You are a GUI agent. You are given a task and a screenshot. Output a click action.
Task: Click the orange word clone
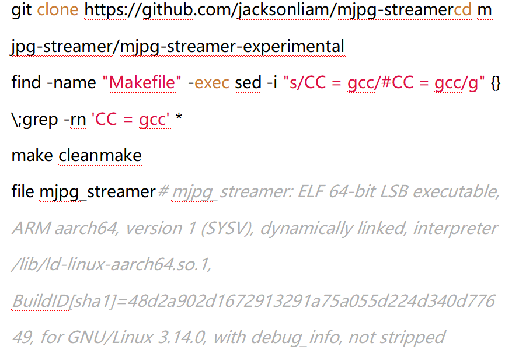click(57, 10)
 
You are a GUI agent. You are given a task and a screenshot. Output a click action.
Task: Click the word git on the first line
click(22, 11)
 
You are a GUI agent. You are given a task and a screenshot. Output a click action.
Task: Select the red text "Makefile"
click(142, 82)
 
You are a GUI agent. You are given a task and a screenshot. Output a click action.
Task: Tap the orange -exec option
click(208, 82)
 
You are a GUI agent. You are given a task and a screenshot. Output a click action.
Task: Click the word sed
click(248, 82)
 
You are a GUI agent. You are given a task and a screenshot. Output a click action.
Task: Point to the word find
click(26, 82)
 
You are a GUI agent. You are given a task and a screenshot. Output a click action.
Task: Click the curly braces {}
click(496, 83)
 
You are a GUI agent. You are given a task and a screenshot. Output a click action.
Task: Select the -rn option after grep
click(75, 120)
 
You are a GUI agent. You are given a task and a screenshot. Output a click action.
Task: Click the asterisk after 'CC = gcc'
click(179, 117)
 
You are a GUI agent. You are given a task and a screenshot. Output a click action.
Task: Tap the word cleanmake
click(100, 155)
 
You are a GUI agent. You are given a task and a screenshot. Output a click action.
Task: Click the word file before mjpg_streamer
click(23, 191)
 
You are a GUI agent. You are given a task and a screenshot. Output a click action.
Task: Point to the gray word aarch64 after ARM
click(86, 228)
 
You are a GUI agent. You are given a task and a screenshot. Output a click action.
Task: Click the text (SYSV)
click(228, 229)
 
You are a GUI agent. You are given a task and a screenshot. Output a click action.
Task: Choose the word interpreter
click(456, 229)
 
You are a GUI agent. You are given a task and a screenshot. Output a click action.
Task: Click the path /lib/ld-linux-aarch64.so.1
click(112, 264)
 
